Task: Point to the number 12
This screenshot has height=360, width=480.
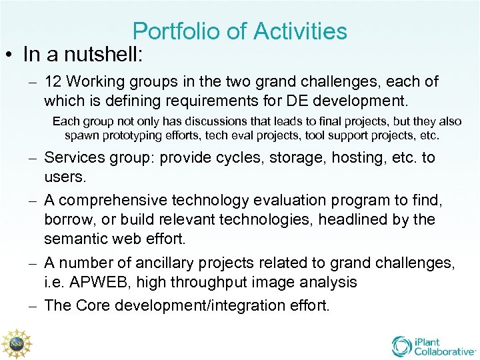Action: tap(53, 82)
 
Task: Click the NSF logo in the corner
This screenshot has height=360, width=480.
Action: tap(17, 344)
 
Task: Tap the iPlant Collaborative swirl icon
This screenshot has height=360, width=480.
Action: tap(401, 345)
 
